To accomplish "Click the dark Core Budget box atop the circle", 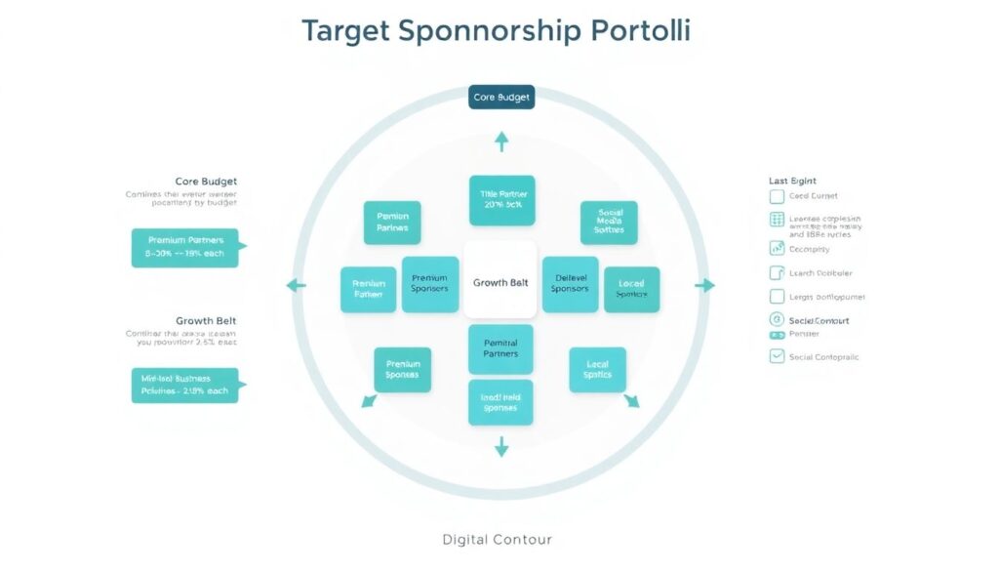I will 500,98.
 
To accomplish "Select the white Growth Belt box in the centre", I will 500,282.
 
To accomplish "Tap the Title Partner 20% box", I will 501,200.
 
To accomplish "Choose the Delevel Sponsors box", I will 570,284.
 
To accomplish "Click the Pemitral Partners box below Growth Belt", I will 500,348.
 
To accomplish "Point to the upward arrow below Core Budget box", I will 501,142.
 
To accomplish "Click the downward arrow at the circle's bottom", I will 501,447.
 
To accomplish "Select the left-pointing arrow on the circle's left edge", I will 295,285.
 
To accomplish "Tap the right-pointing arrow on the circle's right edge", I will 705,285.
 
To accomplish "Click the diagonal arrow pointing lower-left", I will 368,400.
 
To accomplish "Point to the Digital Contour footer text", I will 497,539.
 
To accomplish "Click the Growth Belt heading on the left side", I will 206,320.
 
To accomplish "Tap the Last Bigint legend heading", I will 792,181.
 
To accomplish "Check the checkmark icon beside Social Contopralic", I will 777,356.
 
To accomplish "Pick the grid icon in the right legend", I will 777,221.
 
